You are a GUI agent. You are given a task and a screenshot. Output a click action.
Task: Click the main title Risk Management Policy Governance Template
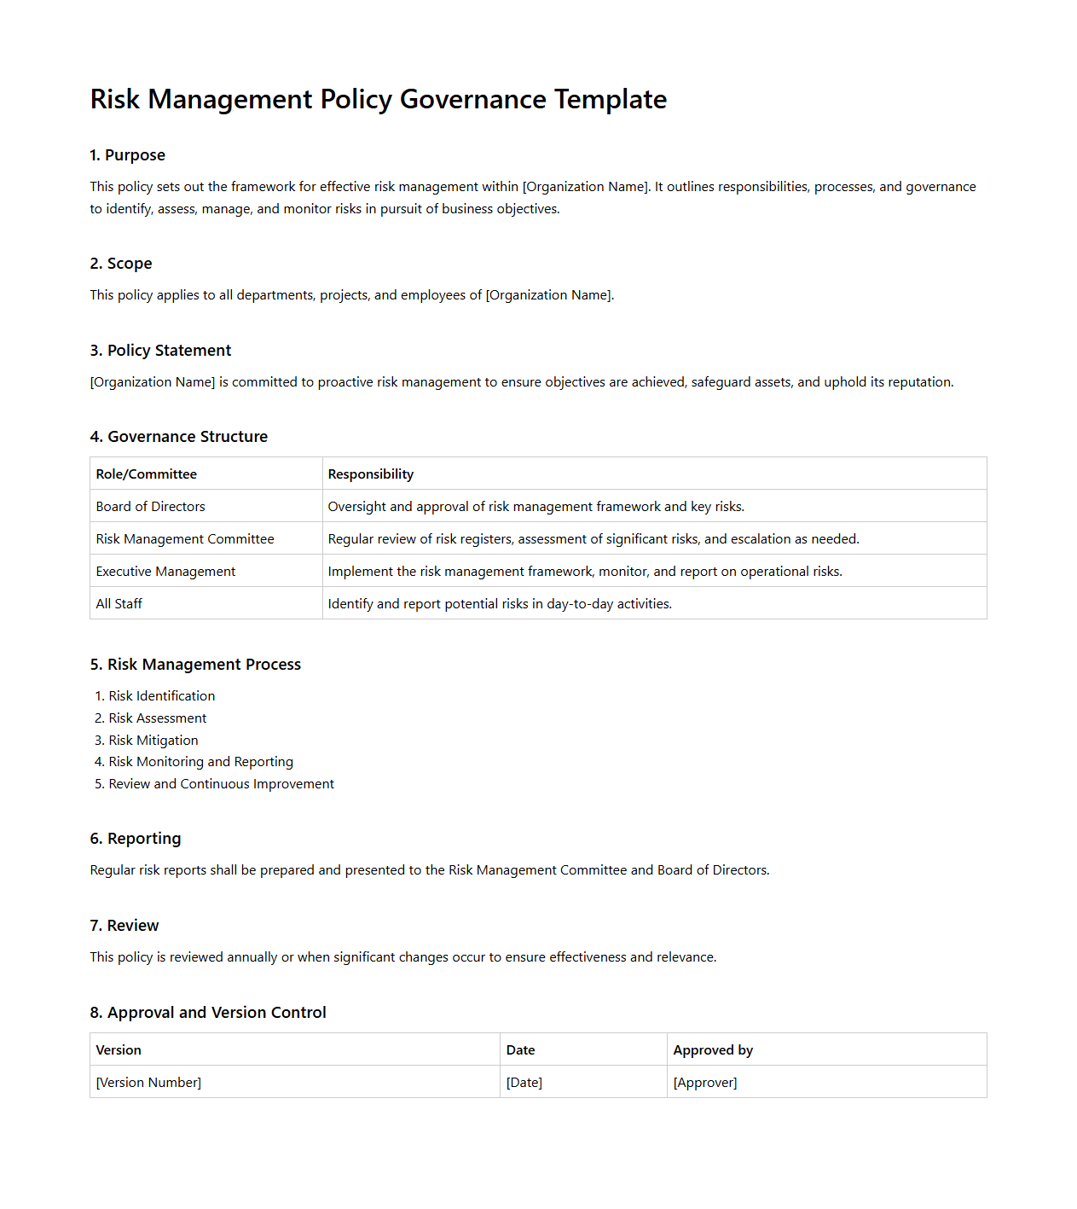pyautogui.click(x=378, y=99)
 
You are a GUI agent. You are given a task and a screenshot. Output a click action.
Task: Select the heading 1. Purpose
pyautogui.click(x=127, y=155)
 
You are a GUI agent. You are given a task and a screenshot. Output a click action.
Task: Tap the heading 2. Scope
pyautogui.click(x=120, y=264)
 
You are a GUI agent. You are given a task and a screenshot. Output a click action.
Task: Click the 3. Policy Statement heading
pyautogui.click(x=160, y=351)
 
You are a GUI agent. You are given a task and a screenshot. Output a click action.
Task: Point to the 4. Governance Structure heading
pyautogui.click(x=178, y=437)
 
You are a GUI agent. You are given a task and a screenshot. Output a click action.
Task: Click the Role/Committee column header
pyautogui.click(x=146, y=474)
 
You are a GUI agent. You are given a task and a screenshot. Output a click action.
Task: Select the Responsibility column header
pyautogui.click(x=370, y=474)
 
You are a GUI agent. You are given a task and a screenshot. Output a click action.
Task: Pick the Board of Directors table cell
pyautogui.click(x=150, y=507)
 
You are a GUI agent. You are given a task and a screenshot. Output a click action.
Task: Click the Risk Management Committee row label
pyautogui.click(x=184, y=539)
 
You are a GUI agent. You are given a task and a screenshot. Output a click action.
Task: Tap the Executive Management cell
pyautogui.click(x=165, y=572)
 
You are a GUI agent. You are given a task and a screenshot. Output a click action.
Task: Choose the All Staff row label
pyautogui.click(x=119, y=604)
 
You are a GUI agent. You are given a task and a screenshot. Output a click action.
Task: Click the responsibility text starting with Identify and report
pyautogui.click(x=499, y=604)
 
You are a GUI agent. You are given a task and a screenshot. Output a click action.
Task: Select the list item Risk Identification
pyautogui.click(x=161, y=696)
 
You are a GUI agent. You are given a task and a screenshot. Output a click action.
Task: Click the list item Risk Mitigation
pyautogui.click(x=153, y=741)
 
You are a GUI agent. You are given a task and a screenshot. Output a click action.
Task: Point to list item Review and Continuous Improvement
pyautogui.click(x=221, y=784)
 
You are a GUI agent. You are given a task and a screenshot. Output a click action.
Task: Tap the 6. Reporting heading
pyautogui.click(x=135, y=839)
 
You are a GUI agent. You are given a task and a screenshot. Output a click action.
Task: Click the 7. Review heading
pyautogui.click(x=124, y=926)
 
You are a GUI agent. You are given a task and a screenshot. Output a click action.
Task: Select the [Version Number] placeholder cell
pyautogui.click(x=148, y=1083)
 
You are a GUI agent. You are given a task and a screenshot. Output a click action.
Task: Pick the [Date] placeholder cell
pyautogui.click(x=524, y=1083)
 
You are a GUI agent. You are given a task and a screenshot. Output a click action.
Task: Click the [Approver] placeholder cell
pyautogui.click(x=704, y=1083)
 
